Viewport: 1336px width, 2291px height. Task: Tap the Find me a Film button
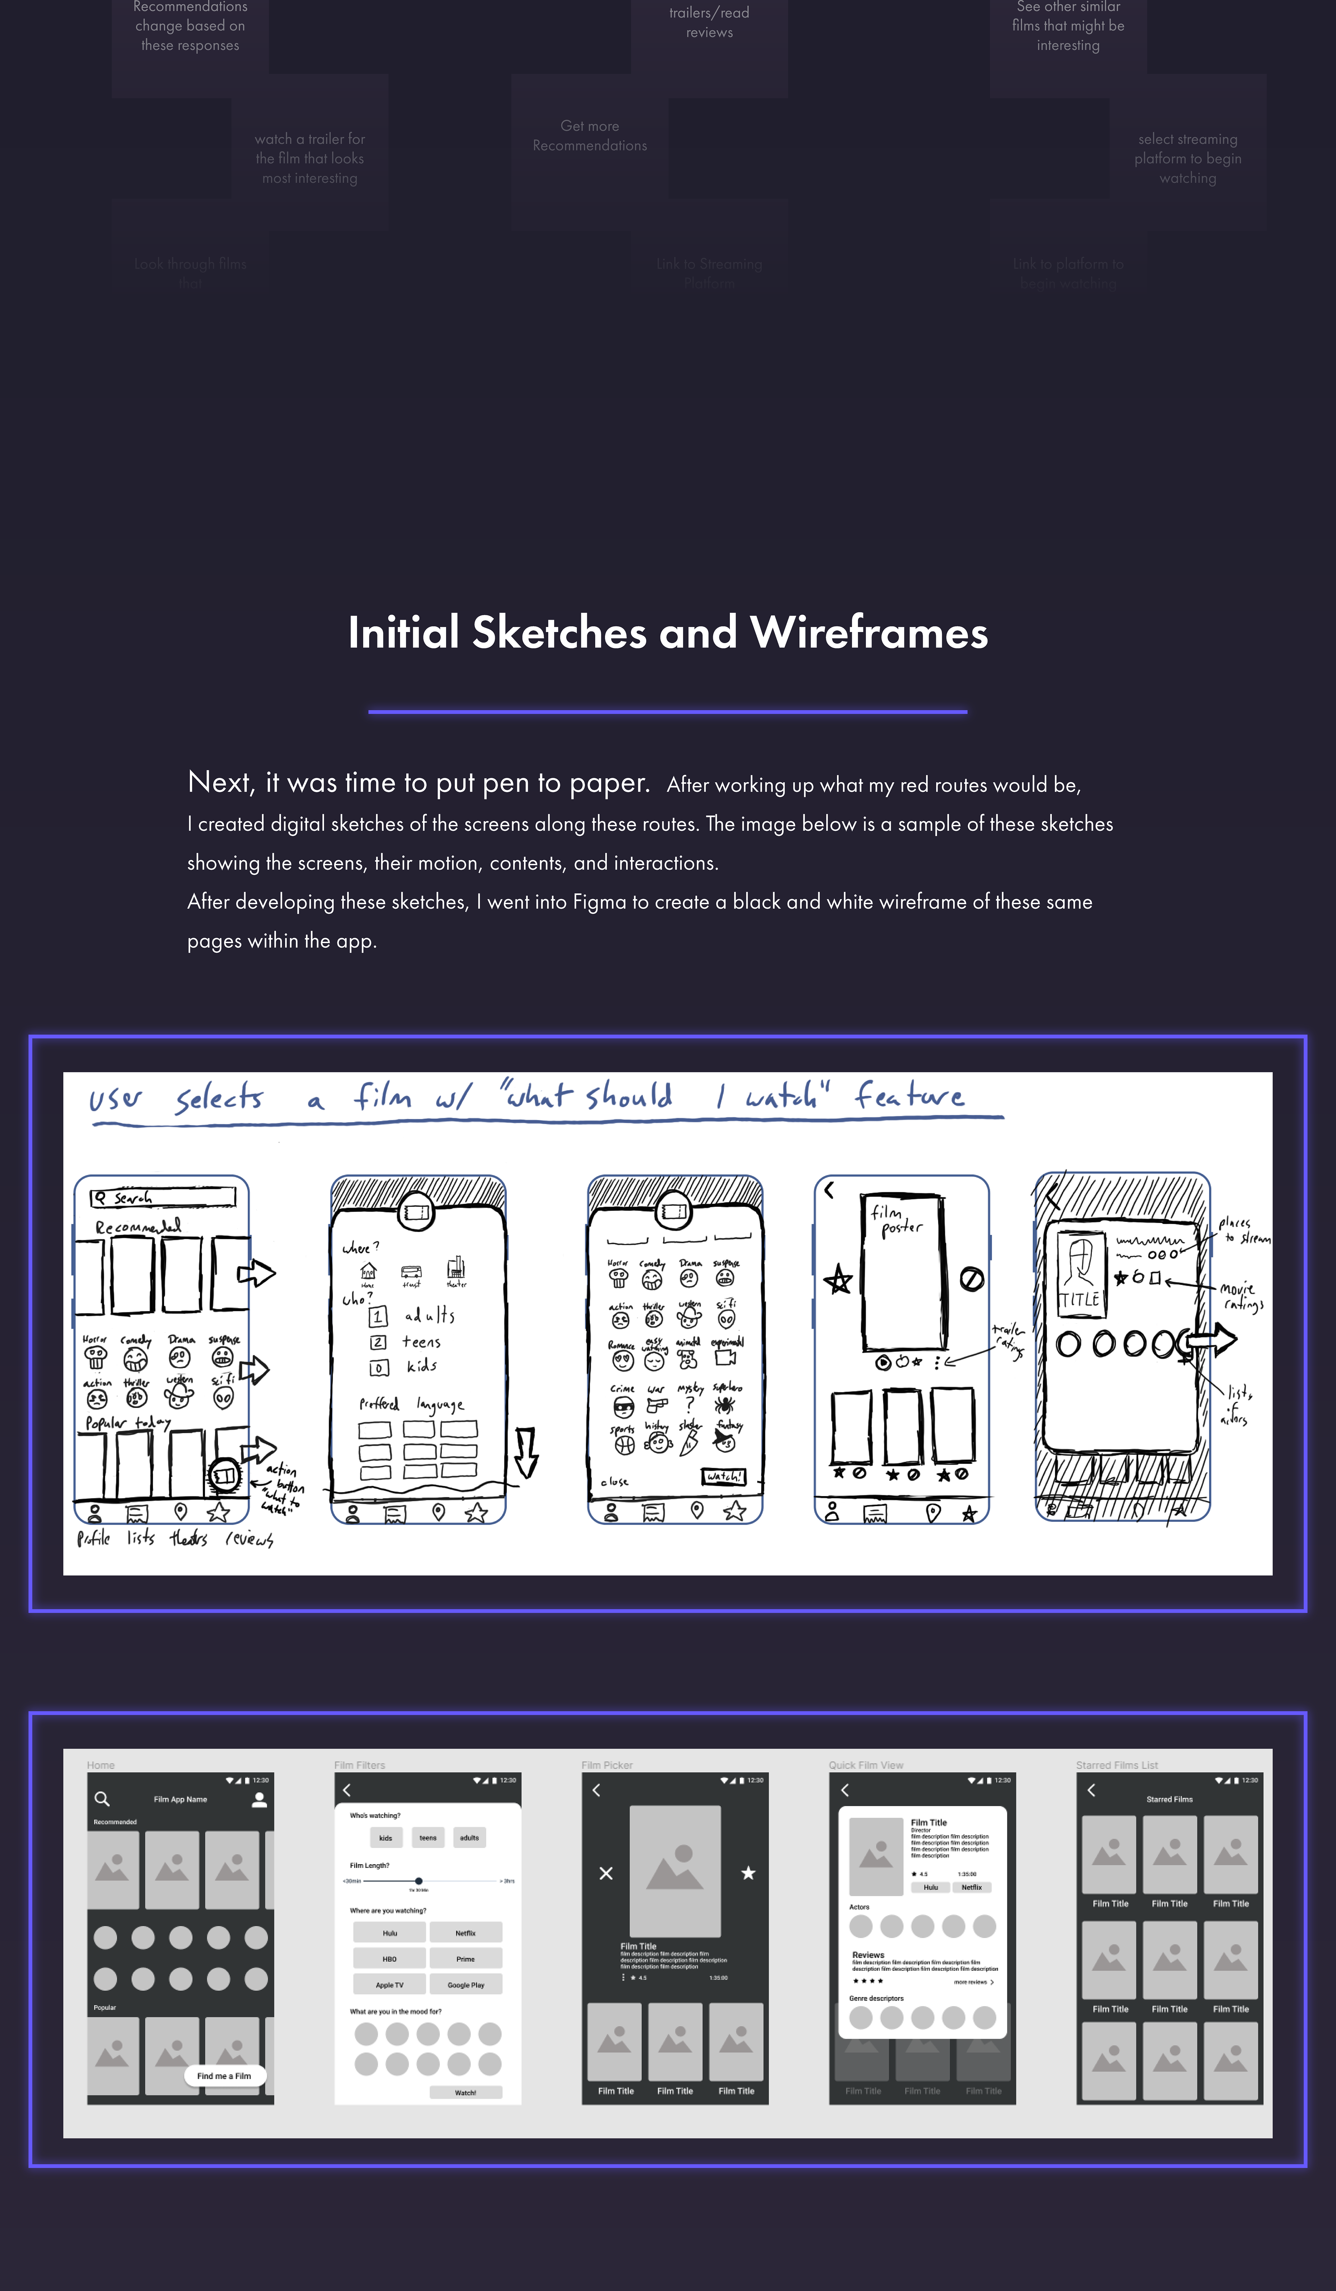(x=224, y=2076)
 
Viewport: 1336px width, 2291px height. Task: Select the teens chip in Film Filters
(x=427, y=1837)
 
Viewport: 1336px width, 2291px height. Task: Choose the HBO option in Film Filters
(x=389, y=1959)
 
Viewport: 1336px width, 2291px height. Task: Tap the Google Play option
(x=465, y=1985)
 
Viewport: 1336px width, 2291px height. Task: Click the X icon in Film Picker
(x=606, y=1873)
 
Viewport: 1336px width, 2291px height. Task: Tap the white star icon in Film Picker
(x=748, y=1873)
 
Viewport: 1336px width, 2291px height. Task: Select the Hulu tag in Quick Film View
(x=931, y=1887)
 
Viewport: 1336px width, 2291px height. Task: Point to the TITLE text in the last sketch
(x=1080, y=1300)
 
